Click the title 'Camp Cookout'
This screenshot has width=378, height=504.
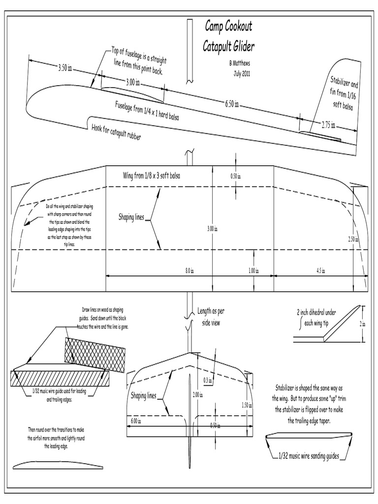coord(228,28)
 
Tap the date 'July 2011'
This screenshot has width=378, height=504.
coord(243,73)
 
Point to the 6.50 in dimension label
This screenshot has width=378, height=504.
coord(232,104)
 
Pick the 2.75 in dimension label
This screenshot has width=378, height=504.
coord(329,125)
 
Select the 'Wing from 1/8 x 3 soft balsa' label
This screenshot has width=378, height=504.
coord(151,176)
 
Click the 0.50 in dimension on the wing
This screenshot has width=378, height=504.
coord(236,176)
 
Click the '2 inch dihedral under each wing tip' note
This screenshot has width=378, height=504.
coord(316,318)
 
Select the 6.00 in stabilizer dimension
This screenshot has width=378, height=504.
coord(135,420)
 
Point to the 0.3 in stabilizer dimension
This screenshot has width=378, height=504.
coord(207,379)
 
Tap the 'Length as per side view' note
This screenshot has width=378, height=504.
coord(211,316)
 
